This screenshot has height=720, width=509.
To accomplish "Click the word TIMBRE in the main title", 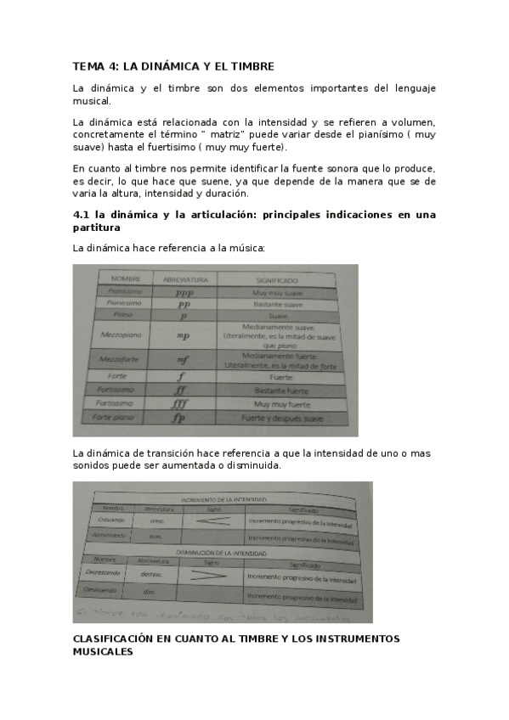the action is (248, 66).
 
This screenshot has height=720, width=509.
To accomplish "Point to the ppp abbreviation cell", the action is (184, 292).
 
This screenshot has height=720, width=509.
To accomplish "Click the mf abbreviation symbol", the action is (184, 360).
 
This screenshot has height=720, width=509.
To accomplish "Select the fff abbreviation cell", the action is (180, 404).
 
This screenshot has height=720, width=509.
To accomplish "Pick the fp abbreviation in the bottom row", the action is (178, 419).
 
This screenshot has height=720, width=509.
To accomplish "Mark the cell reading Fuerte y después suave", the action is (282, 419).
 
